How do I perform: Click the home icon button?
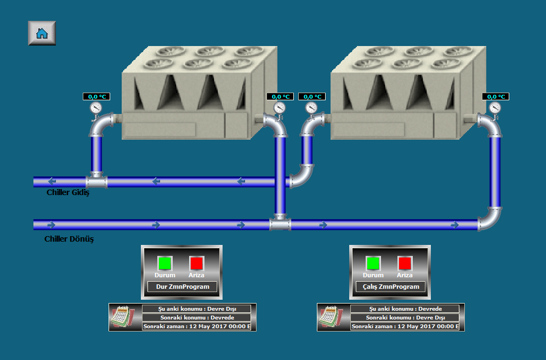click(42, 33)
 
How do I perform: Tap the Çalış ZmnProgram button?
click(390, 287)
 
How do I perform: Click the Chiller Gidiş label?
click(67, 192)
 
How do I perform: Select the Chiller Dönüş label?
click(69, 239)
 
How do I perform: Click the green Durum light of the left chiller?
click(164, 263)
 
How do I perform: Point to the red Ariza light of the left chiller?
click(196, 263)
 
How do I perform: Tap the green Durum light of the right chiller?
click(373, 263)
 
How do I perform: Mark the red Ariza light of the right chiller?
click(405, 263)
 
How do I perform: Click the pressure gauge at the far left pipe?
click(96, 107)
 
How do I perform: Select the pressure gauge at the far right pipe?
click(495, 107)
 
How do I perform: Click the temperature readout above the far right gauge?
click(496, 96)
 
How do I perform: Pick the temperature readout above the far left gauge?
click(96, 96)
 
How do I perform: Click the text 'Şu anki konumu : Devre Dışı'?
click(196, 309)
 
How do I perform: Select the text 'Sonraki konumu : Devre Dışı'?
click(405, 317)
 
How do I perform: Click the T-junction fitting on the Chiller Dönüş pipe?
click(280, 224)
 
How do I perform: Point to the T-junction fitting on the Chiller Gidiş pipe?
click(96, 181)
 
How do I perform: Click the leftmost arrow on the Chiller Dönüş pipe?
click(52, 225)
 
